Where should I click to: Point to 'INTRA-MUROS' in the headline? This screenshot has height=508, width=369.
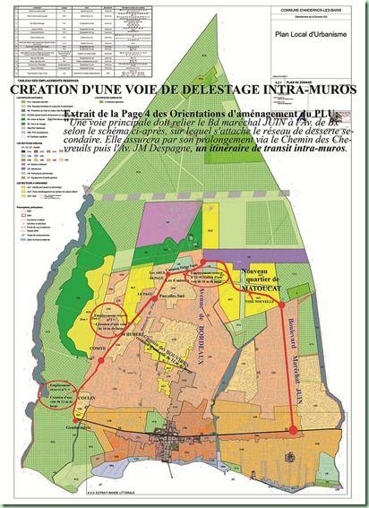pos(305,90)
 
